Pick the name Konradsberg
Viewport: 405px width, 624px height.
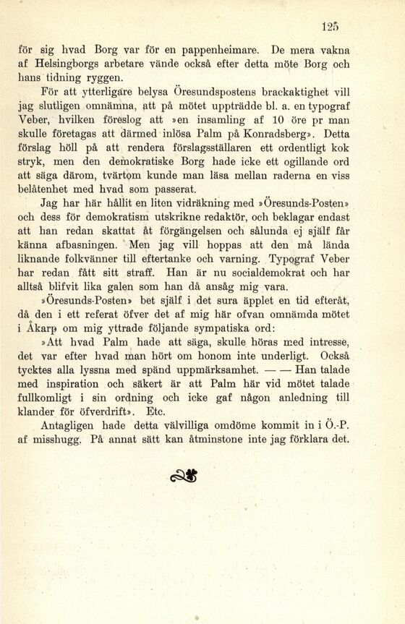[278, 133]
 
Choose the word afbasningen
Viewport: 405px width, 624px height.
[88, 244]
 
